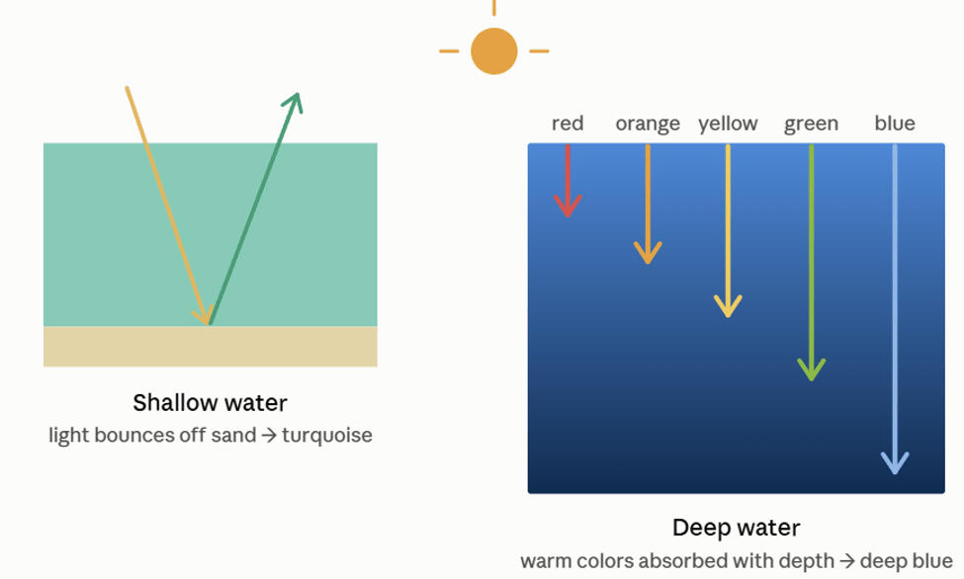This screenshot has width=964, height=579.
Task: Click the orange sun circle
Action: pyautogui.click(x=493, y=51)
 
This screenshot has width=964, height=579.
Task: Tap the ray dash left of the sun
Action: pyautogui.click(x=449, y=51)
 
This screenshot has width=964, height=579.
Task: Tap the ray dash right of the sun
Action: pyautogui.click(x=539, y=51)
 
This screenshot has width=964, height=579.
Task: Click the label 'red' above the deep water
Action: pyautogui.click(x=567, y=124)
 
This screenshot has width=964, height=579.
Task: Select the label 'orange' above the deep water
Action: pyautogui.click(x=648, y=124)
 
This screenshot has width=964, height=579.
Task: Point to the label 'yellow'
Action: pyautogui.click(x=728, y=124)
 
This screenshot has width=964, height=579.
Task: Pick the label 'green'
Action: pyautogui.click(x=811, y=124)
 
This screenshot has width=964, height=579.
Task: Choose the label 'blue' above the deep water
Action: pyautogui.click(x=895, y=123)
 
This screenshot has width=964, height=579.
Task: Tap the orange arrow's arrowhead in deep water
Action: pyautogui.click(x=648, y=253)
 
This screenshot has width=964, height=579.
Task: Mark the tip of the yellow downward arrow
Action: pyautogui.click(x=728, y=317)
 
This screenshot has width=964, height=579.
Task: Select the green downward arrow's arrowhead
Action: pyautogui.click(x=811, y=370)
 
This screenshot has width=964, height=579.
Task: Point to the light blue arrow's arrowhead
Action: pyautogui.click(x=895, y=463)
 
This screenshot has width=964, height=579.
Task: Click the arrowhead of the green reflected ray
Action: pyautogui.click(x=294, y=102)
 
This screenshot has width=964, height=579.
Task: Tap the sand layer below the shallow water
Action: pyautogui.click(x=211, y=347)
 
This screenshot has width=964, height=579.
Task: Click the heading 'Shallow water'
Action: pyautogui.click(x=211, y=402)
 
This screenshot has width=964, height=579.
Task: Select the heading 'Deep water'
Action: pyautogui.click(x=736, y=528)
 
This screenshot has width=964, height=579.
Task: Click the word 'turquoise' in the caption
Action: pyautogui.click(x=327, y=435)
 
